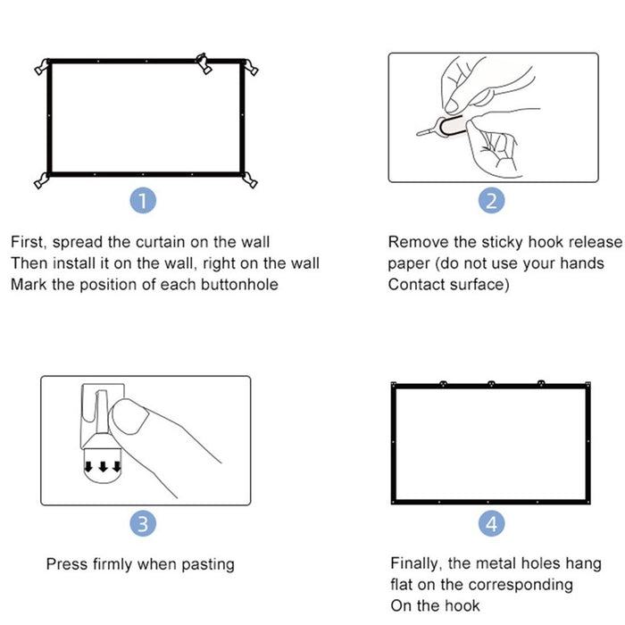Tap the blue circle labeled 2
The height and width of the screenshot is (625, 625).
pyautogui.click(x=492, y=201)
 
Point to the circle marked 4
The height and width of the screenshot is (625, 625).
pyautogui.click(x=492, y=524)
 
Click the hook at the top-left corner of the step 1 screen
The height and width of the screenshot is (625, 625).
pyautogui.click(x=40, y=66)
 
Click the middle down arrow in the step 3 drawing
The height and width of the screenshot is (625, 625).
pyautogui.click(x=104, y=465)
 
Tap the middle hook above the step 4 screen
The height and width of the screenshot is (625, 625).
pyautogui.click(x=491, y=385)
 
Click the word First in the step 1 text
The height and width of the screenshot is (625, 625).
pyautogui.click(x=29, y=242)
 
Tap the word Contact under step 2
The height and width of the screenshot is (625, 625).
pyautogui.click(x=415, y=285)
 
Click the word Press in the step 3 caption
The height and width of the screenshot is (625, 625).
pyautogui.click(x=66, y=564)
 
